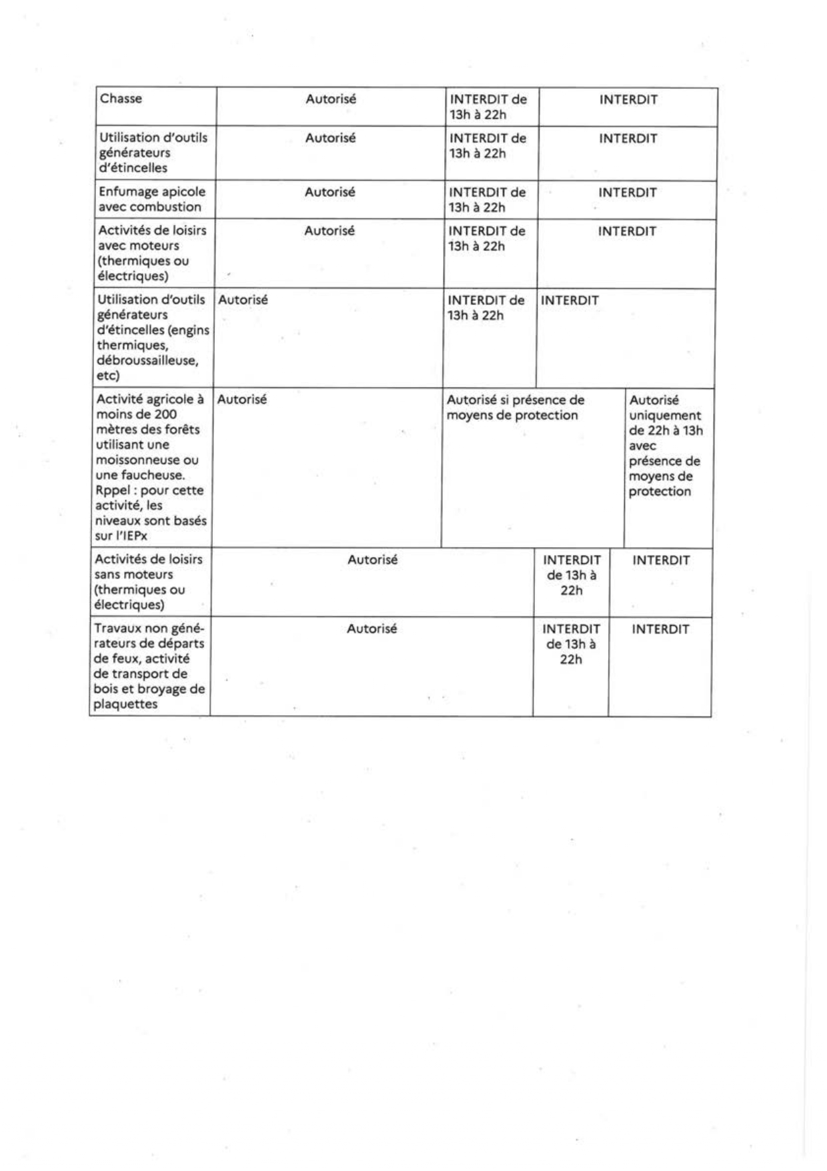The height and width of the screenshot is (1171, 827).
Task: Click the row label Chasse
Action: click(121, 99)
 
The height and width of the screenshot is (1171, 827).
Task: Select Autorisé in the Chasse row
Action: click(331, 99)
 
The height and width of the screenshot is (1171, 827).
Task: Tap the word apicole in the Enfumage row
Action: click(183, 192)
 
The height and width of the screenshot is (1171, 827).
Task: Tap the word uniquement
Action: click(665, 415)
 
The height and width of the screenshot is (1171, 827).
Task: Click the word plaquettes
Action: click(125, 704)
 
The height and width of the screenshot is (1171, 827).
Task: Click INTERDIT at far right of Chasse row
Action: click(628, 100)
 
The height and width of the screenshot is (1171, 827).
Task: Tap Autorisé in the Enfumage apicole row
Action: click(329, 192)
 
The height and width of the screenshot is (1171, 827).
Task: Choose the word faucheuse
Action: click(154, 475)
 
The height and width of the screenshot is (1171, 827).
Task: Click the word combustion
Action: click(163, 207)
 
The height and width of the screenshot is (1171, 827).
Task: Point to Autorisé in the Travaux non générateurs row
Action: click(371, 629)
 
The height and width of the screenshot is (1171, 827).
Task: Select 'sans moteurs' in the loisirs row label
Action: click(133, 574)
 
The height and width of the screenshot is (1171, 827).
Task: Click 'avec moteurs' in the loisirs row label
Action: click(139, 246)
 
